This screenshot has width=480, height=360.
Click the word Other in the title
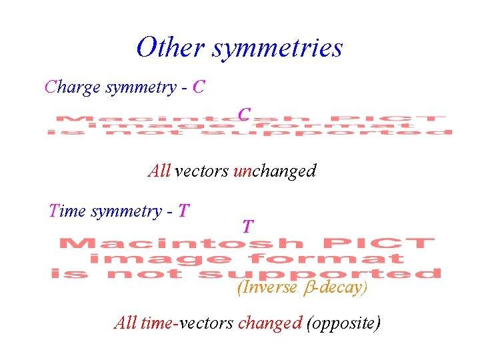coord(171,47)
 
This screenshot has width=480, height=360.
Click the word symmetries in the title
coord(278,47)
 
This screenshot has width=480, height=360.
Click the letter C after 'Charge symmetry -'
coord(198,87)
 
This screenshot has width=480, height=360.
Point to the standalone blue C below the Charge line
coord(245,114)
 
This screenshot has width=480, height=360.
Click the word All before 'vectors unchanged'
coord(159,171)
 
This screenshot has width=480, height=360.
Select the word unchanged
coord(274,171)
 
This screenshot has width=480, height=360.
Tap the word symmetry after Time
coord(126,212)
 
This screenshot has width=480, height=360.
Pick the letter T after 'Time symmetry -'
coord(184,211)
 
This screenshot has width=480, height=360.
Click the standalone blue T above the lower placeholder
coord(247,227)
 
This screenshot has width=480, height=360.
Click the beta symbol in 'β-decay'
coord(307,288)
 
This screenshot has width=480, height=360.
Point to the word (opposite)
coord(343,323)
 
